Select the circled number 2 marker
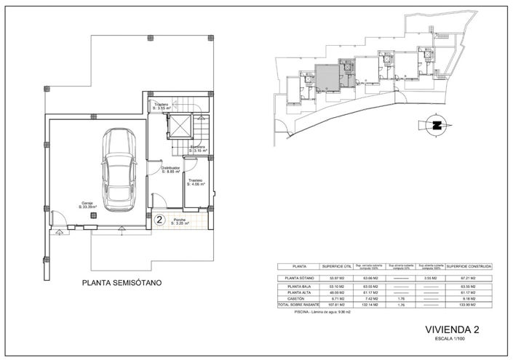pyautogui.click(x=159, y=218)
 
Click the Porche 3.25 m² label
pyautogui.click(x=180, y=222)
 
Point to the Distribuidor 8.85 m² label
pyautogui.click(x=172, y=169)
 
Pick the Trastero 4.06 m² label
pyautogui.click(x=195, y=183)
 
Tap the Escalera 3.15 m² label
pyautogui.click(x=199, y=149)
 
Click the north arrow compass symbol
pyautogui.click(x=437, y=124)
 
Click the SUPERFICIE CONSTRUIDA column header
pyautogui.click(x=468, y=267)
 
